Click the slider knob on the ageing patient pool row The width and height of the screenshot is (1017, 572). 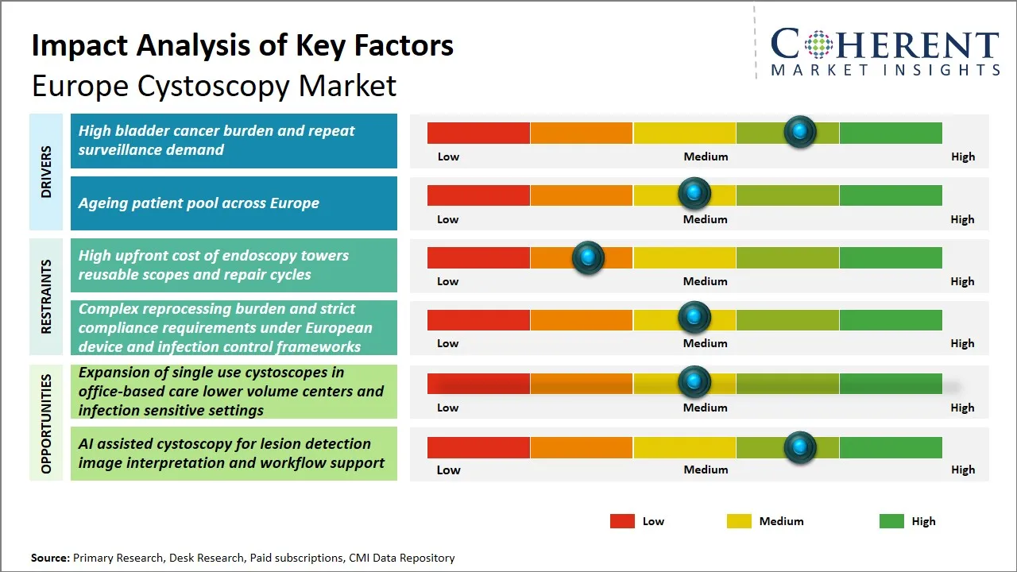pyautogui.click(x=694, y=193)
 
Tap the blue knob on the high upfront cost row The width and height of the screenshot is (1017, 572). pyautogui.click(x=588, y=257)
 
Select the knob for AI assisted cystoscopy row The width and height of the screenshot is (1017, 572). pyautogui.click(x=799, y=447)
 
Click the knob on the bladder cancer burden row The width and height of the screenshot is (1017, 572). pyautogui.click(x=800, y=131)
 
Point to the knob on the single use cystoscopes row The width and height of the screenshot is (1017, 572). pyautogui.click(x=694, y=382)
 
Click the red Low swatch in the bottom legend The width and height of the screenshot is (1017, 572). pyautogui.click(x=622, y=521)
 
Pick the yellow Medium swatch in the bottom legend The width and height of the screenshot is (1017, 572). pyautogui.click(x=739, y=521)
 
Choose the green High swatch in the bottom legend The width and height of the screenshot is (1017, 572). pyautogui.click(x=891, y=521)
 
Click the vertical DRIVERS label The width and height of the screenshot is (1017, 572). pyautogui.click(x=46, y=172)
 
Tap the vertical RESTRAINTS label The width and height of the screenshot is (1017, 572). pyautogui.click(x=46, y=296)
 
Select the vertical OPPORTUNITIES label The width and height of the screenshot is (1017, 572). pyautogui.click(x=46, y=423)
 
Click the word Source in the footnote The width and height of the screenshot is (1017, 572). pyautogui.click(x=50, y=558)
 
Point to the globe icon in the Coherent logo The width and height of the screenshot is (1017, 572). pyautogui.click(x=818, y=44)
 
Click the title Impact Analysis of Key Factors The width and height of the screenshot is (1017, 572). pyautogui.click(x=242, y=45)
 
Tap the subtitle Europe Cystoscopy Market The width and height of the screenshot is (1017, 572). pyautogui.click(x=214, y=85)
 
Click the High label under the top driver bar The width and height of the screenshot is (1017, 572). pyautogui.click(x=962, y=157)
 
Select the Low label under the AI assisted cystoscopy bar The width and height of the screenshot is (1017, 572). pyautogui.click(x=448, y=470)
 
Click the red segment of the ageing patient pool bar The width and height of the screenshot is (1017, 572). pyautogui.click(x=478, y=195)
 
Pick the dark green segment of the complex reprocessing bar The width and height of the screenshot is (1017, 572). pyautogui.click(x=890, y=320)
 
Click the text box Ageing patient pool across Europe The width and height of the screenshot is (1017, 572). pyautogui.click(x=234, y=203)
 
